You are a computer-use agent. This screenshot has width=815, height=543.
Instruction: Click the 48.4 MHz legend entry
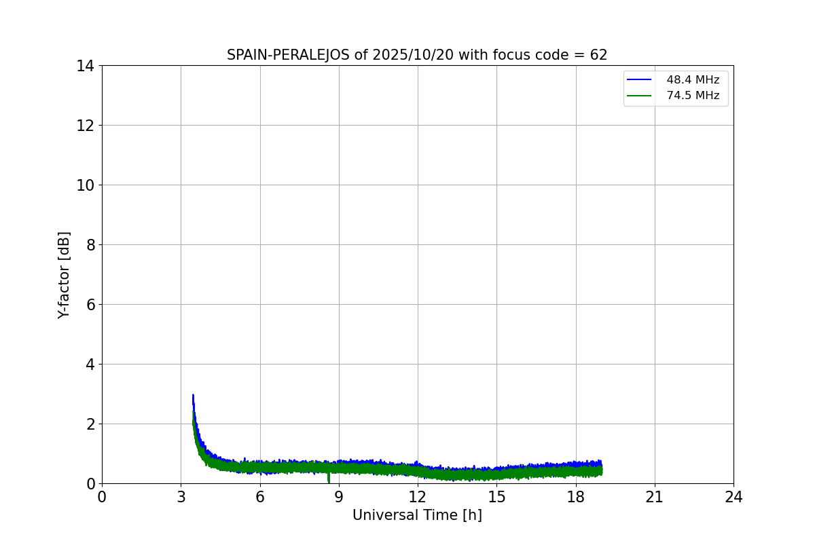692,80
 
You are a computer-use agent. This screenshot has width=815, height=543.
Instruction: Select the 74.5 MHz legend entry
692,96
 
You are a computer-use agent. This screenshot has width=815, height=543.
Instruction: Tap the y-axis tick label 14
86,66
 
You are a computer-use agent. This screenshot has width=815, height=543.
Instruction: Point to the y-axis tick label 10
86,185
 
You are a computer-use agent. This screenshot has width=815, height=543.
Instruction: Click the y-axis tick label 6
90,305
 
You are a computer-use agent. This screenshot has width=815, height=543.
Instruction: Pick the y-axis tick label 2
90,424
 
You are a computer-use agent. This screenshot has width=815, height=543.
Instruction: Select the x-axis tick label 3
181,497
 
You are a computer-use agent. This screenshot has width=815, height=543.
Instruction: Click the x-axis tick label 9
339,497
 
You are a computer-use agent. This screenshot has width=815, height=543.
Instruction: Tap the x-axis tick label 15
496,497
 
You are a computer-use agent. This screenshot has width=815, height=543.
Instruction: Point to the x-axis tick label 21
655,497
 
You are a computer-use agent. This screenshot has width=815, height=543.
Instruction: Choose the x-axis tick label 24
733,497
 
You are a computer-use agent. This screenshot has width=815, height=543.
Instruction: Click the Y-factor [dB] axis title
64,275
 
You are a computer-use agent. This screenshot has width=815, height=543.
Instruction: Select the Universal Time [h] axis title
417,515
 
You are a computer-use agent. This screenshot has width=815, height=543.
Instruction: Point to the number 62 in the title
598,55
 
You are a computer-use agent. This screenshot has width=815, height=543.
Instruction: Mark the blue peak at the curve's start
193,395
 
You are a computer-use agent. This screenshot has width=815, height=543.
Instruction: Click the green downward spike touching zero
329,479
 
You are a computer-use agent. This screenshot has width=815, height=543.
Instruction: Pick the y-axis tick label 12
86,126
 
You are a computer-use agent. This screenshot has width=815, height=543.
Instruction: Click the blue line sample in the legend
639,80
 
